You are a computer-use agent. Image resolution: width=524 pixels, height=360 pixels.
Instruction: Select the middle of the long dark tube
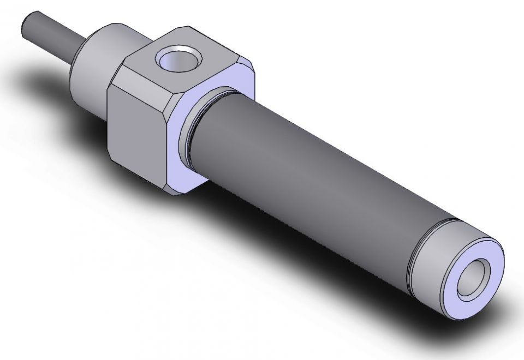(x=311, y=180)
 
